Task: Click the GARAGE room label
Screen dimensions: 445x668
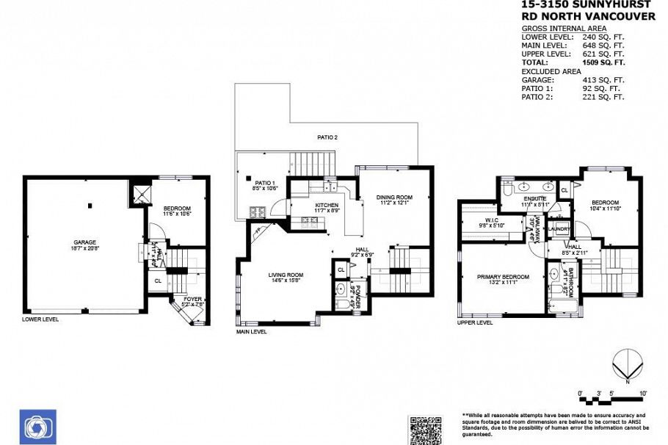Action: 84,242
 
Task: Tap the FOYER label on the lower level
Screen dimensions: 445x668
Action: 192,299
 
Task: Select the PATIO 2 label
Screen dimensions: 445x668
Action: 327,137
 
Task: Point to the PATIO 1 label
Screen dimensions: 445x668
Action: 264,182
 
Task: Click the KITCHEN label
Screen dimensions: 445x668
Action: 327,205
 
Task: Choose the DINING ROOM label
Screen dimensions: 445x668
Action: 394,197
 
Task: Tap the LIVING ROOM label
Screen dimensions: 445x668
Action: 286,275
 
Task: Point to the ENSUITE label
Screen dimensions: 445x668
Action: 534,199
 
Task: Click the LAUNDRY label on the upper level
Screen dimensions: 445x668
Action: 559,229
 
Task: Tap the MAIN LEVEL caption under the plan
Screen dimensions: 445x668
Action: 252,332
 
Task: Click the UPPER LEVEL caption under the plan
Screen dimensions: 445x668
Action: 474,322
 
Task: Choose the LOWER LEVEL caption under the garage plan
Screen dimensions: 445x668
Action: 40,319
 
